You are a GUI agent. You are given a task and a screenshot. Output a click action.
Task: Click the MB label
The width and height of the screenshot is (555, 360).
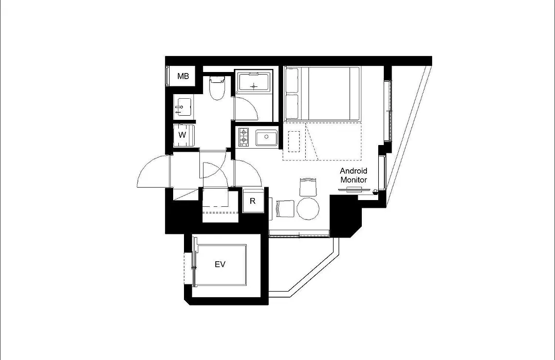click(x=183, y=76)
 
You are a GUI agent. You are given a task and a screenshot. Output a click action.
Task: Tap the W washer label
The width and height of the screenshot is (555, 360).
click(x=182, y=135)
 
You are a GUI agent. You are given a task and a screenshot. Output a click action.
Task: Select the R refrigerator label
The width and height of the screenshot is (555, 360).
click(x=252, y=201)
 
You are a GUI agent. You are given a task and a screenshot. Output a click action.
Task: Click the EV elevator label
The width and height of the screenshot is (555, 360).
click(x=220, y=264)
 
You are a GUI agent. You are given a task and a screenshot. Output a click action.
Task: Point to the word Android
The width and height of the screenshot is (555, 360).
click(x=354, y=171)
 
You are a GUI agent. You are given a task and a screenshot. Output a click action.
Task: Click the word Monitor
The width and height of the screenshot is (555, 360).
click(x=354, y=180)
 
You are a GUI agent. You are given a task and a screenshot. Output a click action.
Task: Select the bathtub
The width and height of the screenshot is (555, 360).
click(x=254, y=82)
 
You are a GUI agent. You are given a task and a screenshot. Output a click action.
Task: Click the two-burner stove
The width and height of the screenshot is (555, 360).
click(x=244, y=137)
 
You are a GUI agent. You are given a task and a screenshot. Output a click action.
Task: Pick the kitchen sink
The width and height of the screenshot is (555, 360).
click(x=267, y=137)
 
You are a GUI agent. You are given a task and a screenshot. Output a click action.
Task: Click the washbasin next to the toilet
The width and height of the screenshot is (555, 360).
click(x=183, y=106)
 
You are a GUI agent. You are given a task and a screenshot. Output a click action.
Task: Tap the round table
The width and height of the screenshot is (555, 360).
click(x=308, y=208)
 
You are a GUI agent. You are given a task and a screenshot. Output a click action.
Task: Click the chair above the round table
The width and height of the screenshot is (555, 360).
click(x=307, y=187)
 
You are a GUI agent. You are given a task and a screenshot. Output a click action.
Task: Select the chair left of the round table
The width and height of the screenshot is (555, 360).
click(x=285, y=208)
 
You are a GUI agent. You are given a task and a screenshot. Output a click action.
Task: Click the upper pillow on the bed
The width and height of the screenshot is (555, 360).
click(x=292, y=80)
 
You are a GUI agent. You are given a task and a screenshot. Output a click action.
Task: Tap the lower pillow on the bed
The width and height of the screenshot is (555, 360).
click(x=292, y=106)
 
